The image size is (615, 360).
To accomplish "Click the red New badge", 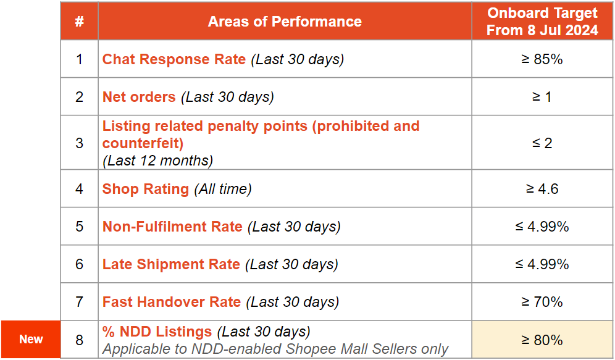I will click(31, 339).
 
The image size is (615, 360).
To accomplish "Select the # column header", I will click(80, 22).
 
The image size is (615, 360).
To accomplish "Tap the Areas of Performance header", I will click(285, 22).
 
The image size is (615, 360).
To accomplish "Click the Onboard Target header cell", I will click(542, 22).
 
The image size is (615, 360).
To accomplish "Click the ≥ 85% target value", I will click(542, 59).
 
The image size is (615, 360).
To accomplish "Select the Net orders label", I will click(139, 97).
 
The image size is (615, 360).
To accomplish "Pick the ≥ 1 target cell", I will click(542, 97).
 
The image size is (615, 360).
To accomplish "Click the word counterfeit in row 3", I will click(143, 143).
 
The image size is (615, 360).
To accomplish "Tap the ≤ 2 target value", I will click(542, 143).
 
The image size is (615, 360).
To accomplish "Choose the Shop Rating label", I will click(146, 189).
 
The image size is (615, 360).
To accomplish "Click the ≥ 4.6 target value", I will click(542, 189).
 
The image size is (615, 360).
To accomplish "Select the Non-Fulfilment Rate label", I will click(172, 227).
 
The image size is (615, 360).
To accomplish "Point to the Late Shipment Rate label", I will click(171, 264).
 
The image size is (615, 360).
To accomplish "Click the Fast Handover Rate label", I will click(172, 302).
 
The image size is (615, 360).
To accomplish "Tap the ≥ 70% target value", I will click(542, 302).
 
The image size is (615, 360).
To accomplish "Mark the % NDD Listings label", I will click(157, 332).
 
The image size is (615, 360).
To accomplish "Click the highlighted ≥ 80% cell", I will click(542, 340).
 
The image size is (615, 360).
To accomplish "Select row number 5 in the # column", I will click(80, 227).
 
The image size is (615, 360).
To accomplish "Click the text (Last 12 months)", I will click(157, 161).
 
